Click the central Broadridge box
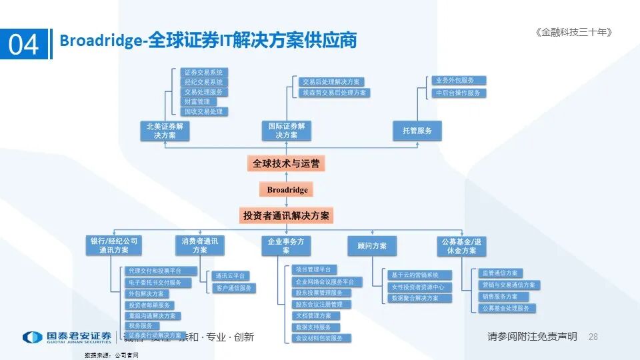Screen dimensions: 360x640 point(287,189)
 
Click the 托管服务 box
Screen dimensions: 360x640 point(417,131)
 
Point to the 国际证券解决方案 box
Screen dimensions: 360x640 point(287,130)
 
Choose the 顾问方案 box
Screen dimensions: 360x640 point(371,245)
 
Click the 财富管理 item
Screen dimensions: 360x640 point(197,101)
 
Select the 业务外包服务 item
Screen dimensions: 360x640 point(458,81)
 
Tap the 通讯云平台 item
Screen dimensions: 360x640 point(231,275)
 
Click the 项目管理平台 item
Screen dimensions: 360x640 point(312,269)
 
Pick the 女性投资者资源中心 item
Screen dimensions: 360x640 point(421,287)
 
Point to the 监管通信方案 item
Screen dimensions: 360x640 point(501,273)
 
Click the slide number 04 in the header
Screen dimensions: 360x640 point(24,44)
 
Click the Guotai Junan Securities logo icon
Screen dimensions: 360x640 point(31,337)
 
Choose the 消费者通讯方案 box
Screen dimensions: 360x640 point(199,245)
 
